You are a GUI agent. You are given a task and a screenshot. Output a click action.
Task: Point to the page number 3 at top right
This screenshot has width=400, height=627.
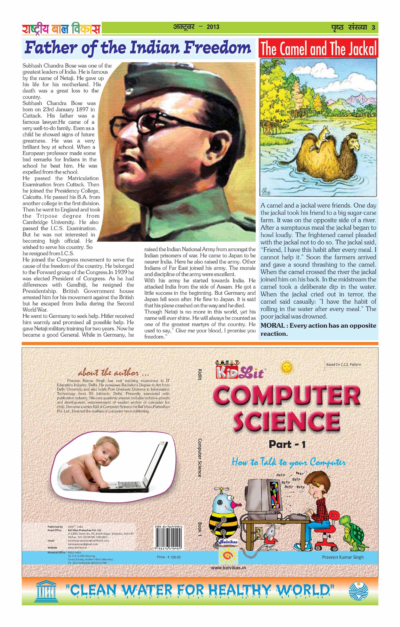click(x=373, y=28)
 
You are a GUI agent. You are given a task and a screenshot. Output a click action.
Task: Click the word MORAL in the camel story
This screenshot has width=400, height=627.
click(x=272, y=326)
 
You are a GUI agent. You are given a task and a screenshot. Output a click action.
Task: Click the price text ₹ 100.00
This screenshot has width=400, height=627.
click(x=169, y=557)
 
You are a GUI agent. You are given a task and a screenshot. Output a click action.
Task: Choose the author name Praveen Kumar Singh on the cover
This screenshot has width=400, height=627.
click(x=342, y=557)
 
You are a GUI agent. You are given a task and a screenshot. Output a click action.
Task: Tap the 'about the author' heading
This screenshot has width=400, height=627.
click(x=113, y=372)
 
